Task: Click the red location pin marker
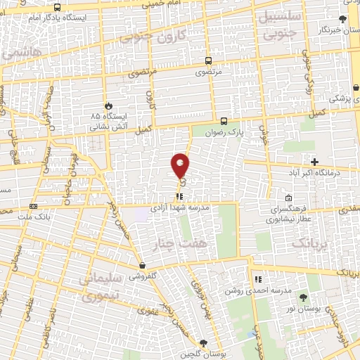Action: pyautogui.click(x=180, y=165)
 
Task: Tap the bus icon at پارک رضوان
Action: pyautogui.click(x=224, y=120)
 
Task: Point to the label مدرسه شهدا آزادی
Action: pyautogui.click(x=180, y=208)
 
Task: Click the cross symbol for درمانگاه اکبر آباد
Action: pyautogui.click(x=314, y=162)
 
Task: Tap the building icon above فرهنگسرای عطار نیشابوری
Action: pyautogui.click(x=288, y=198)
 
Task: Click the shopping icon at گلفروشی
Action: pyautogui.click(x=143, y=266)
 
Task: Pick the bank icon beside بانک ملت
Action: pyautogui.click(x=33, y=206)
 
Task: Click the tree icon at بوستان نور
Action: pyautogui.click(x=304, y=297)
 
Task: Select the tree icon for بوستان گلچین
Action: pyautogui.click(x=203, y=342)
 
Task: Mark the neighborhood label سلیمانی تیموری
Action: pyautogui.click(x=108, y=289)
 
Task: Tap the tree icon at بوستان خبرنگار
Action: pyautogui.click(x=342, y=19)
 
